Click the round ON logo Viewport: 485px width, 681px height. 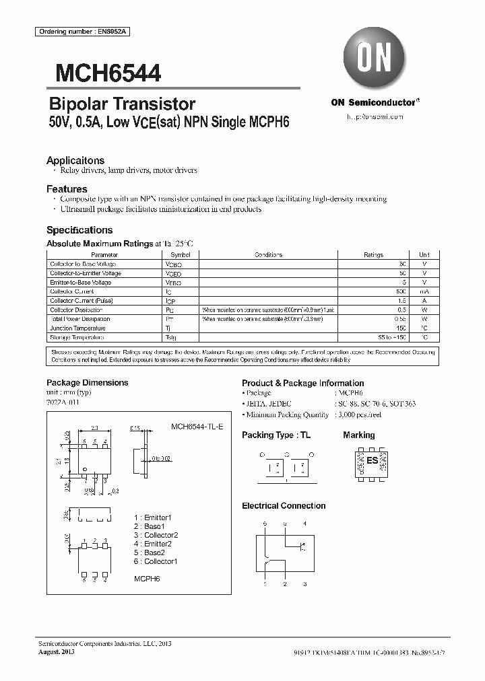pyautogui.click(x=374, y=58)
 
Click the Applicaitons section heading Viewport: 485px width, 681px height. pyautogui.click(x=75, y=160)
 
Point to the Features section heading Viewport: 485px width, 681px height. pyautogui.click(x=67, y=189)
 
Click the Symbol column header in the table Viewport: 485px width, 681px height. pyautogui.click(x=180, y=255)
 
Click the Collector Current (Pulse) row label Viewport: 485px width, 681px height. pyautogui.click(x=81, y=301)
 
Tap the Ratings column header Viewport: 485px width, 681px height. pyautogui.click(x=373, y=255)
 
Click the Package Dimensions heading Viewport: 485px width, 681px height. pyautogui.click(x=87, y=382)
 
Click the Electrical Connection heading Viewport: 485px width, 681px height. pyautogui.click(x=284, y=505)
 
